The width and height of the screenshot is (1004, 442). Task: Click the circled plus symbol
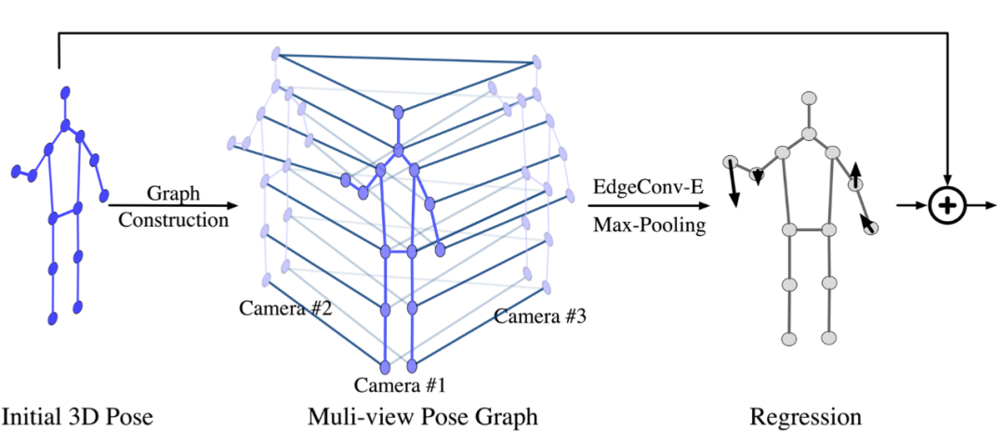pyautogui.click(x=946, y=206)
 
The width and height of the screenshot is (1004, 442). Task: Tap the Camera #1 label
pyautogui.click(x=401, y=383)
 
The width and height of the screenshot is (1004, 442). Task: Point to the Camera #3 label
pyautogui.click(x=539, y=317)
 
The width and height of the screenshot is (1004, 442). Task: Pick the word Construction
pyautogui.click(x=173, y=220)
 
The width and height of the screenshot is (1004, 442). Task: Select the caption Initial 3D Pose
pyautogui.click(x=76, y=415)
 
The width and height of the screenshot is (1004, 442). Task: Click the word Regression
pyautogui.click(x=805, y=415)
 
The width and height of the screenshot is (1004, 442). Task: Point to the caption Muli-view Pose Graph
pyautogui.click(x=422, y=415)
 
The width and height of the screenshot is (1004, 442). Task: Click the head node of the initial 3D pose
pyautogui.click(x=66, y=92)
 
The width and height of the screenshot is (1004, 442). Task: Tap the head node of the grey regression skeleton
pyautogui.click(x=809, y=97)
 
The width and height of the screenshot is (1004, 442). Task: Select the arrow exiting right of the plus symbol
pyautogui.click(x=981, y=206)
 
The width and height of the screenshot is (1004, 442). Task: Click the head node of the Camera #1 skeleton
pyautogui.click(x=399, y=113)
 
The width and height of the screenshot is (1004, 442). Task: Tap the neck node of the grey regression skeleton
pyautogui.click(x=810, y=135)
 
